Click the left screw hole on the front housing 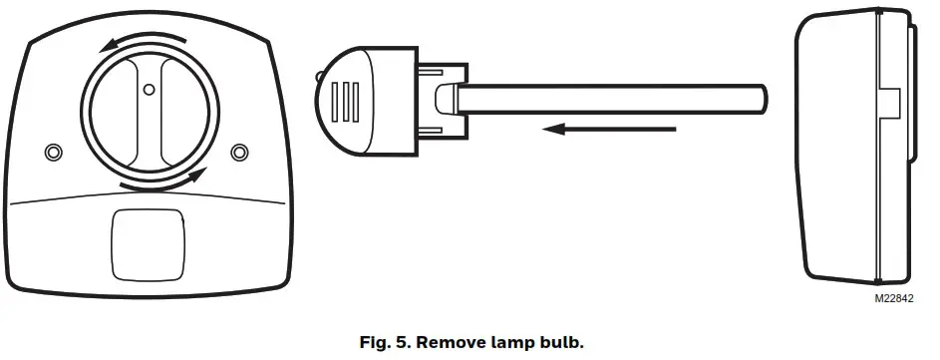click(54, 152)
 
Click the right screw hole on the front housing click(239, 152)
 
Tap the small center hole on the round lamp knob click(149, 91)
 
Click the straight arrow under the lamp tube click(614, 129)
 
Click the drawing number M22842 click(892, 298)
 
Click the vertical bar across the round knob click(148, 110)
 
